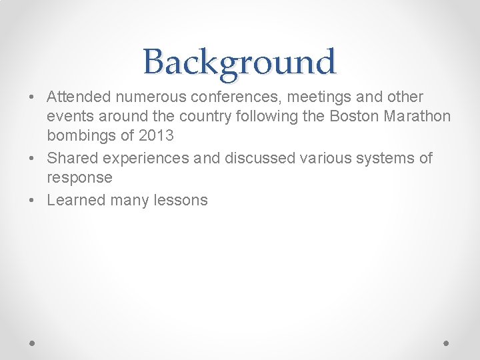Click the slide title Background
click(239, 63)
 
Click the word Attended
click(79, 97)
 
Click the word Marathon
click(417, 117)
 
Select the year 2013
click(156, 136)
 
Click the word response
click(79, 178)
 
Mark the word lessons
click(181, 200)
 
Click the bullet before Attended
click(33, 98)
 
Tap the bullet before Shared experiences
click(33, 159)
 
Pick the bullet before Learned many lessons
click(33, 201)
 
